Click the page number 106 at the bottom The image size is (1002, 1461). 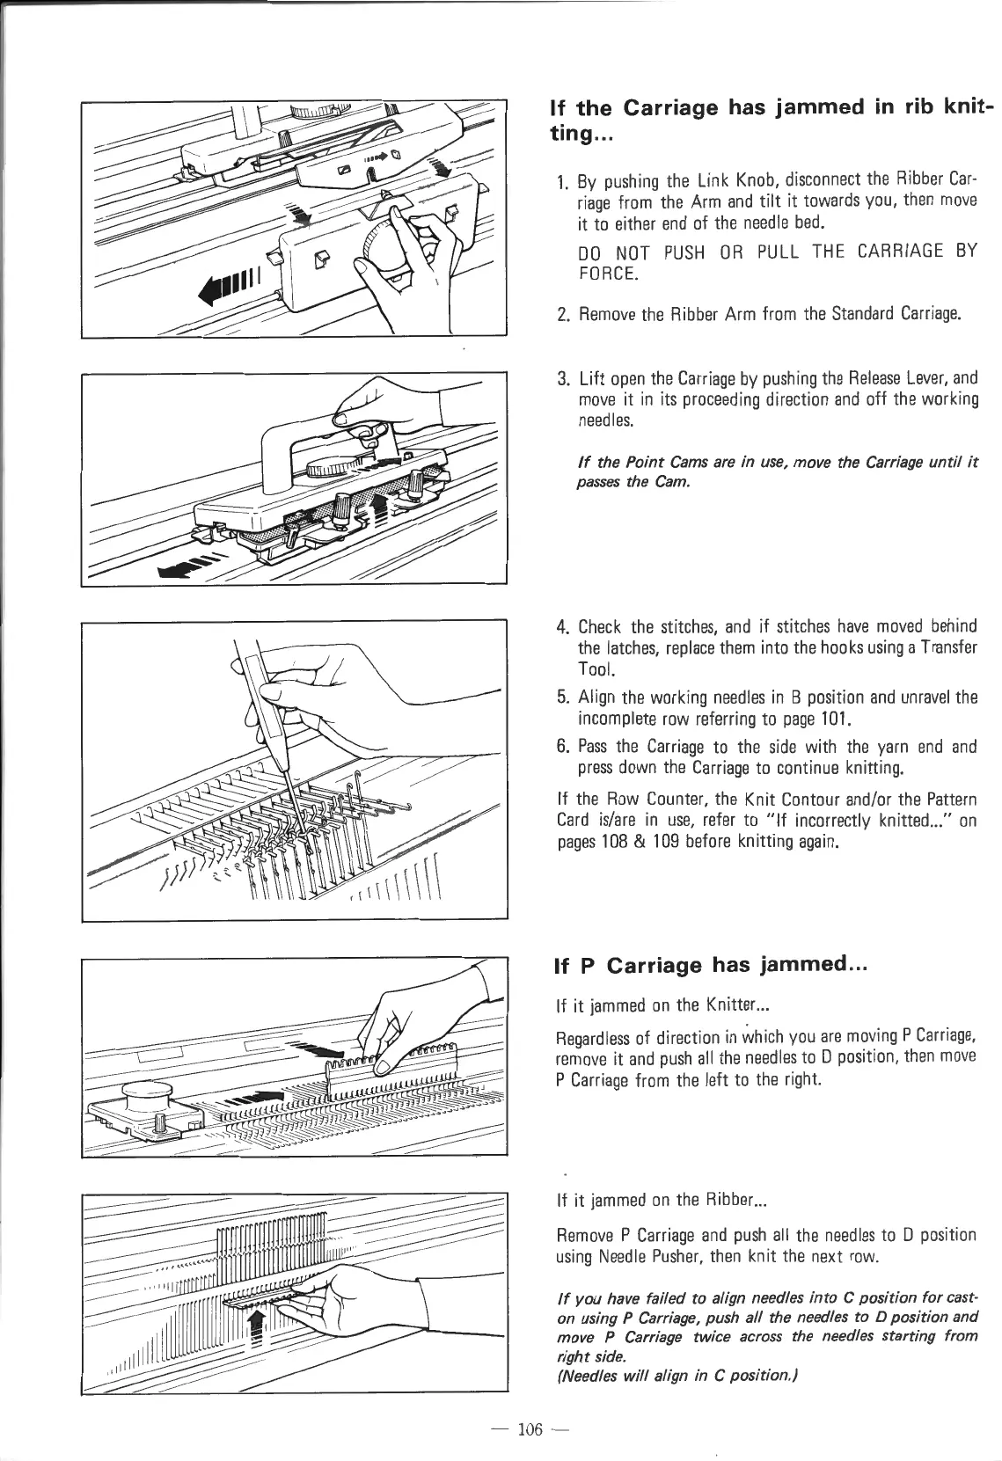click(528, 1429)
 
